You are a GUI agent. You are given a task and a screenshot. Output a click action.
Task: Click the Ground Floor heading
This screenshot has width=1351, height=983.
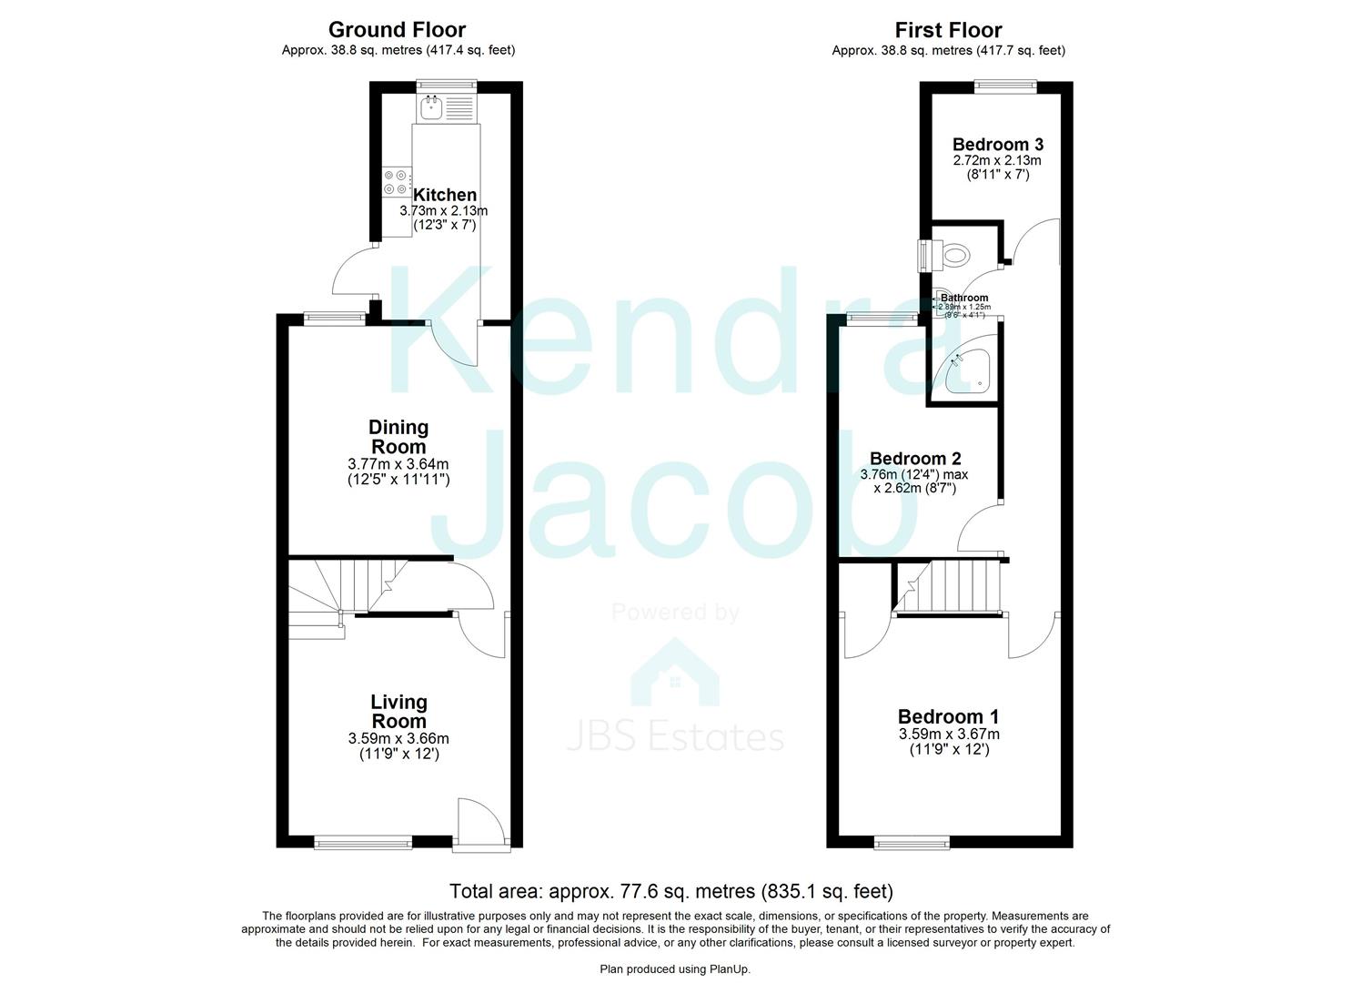pyautogui.click(x=398, y=30)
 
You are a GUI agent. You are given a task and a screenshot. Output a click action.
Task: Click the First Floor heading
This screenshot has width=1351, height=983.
pyautogui.click(x=948, y=30)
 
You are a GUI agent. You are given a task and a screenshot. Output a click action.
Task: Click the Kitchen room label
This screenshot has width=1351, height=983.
pyautogui.click(x=444, y=195)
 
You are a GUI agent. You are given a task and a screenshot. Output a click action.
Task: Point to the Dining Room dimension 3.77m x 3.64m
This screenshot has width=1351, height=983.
pyautogui.click(x=398, y=463)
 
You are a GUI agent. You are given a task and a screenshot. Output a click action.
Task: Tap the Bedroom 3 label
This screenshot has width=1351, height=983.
pyautogui.click(x=997, y=144)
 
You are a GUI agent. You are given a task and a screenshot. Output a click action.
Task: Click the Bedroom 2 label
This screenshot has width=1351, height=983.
pyautogui.click(x=914, y=459)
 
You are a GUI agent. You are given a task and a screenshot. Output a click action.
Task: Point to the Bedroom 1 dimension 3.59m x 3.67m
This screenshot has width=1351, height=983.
pyautogui.click(x=949, y=734)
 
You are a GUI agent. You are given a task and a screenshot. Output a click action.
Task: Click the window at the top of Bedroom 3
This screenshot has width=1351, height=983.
pyautogui.click(x=1004, y=86)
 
